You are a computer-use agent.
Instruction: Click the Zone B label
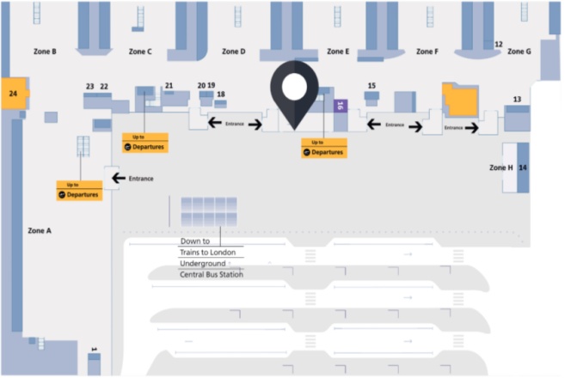click(x=43, y=52)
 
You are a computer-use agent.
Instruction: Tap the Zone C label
click(x=140, y=52)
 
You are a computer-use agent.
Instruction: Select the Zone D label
click(x=234, y=52)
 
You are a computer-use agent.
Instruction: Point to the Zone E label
click(x=338, y=52)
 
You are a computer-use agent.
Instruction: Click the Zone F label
click(x=427, y=52)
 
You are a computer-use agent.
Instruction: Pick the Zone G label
click(x=519, y=52)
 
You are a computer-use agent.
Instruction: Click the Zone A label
click(x=40, y=230)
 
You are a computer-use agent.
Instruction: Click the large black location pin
click(x=294, y=93)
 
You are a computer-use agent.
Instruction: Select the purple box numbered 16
click(x=340, y=105)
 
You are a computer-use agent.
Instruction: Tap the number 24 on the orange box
click(x=13, y=92)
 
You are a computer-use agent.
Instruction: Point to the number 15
click(x=371, y=86)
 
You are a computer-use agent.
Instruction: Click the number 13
click(x=517, y=100)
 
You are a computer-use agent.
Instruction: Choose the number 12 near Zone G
click(x=499, y=43)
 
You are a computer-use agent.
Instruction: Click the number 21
click(x=169, y=86)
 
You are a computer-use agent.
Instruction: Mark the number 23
click(x=90, y=86)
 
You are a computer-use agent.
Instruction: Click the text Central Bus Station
click(x=212, y=275)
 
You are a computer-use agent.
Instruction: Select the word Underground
click(x=203, y=264)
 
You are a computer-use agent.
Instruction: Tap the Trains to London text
click(x=212, y=253)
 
